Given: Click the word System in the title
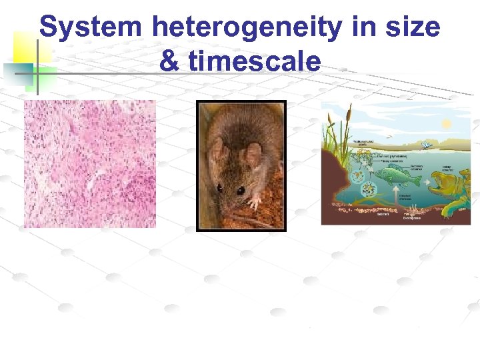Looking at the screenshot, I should (91, 27).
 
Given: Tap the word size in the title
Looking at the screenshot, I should (411, 27).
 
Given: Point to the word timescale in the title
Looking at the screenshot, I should (255, 61).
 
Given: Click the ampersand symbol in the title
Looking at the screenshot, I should (169, 61).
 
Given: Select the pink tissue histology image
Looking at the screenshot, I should (90, 164).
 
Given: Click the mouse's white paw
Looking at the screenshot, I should (254, 200).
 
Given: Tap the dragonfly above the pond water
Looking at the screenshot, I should (425, 143).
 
